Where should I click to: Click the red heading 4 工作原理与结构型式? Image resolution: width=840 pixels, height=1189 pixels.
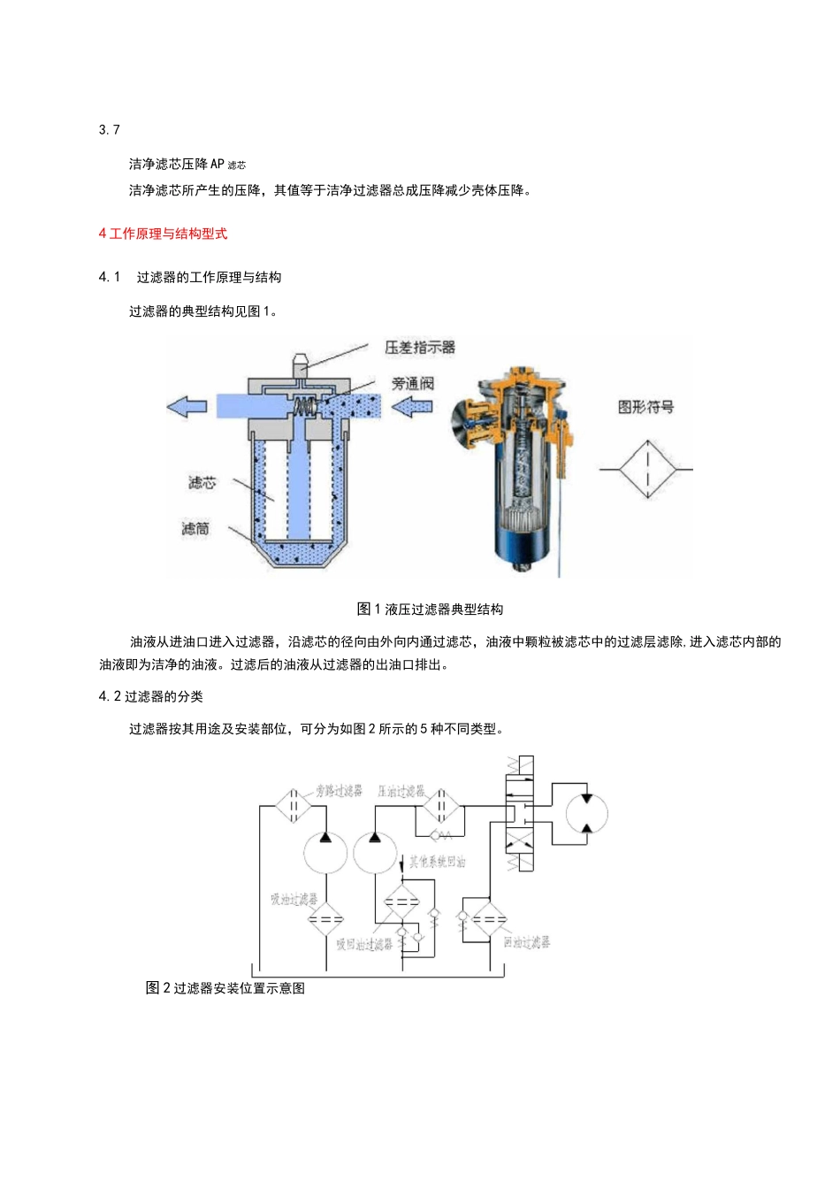point(163,234)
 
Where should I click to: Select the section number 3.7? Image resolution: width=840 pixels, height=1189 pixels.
point(109,130)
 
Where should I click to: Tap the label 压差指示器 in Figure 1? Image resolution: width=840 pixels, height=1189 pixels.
point(419,348)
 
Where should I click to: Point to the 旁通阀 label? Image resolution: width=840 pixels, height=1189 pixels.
point(413,383)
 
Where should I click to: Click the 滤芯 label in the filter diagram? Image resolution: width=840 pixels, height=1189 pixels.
point(202,483)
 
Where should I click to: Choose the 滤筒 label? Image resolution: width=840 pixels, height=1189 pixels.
point(195,528)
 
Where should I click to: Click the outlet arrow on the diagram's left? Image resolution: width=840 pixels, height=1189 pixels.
point(187,407)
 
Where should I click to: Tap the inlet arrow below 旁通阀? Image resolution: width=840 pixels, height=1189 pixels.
point(411,407)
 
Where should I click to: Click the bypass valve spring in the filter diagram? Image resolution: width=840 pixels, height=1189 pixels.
point(304,407)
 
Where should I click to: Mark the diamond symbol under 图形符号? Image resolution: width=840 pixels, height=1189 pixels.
point(647,469)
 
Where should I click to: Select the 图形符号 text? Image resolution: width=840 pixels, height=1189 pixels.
point(645,407)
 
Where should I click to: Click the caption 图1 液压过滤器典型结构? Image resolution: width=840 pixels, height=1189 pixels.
point(430,609)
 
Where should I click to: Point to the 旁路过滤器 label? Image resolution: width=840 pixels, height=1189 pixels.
point(339,791)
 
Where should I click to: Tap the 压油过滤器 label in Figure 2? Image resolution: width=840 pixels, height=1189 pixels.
point(401,791)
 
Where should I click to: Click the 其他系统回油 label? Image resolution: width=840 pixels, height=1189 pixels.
point(437,862)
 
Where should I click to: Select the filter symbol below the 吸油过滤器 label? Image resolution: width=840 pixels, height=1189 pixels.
point(325,919)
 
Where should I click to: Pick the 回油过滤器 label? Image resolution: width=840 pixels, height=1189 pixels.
point(526,942)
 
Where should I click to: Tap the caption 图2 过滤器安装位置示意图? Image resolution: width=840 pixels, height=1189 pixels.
point(225,988)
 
